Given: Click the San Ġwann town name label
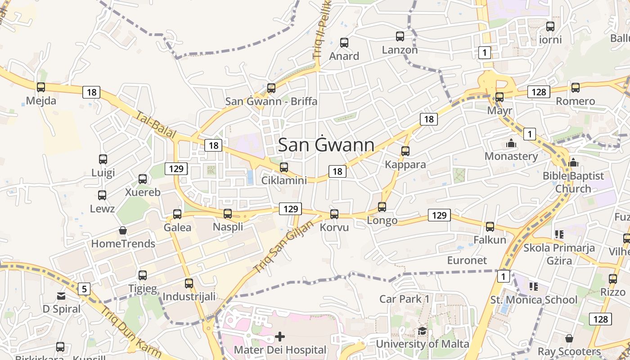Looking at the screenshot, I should point(326,145).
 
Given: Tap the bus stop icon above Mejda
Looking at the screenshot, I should point(41,87).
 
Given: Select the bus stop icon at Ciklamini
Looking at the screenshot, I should point(284,167).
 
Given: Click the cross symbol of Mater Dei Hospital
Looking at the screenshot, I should point(280,337).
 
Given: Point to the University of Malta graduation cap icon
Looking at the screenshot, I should point(422,331).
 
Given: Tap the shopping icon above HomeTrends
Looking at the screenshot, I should point(123,231).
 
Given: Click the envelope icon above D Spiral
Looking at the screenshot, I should point(61,296).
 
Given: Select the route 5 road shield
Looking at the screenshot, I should point(84,288).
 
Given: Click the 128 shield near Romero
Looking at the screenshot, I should point(538,92).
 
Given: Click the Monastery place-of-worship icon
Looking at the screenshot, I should point(511,144).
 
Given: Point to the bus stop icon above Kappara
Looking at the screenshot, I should point(405,151).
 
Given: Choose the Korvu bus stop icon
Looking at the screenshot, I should point(334,214).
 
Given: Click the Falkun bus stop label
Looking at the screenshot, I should point(490,240).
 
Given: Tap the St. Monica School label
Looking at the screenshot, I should point(534,300).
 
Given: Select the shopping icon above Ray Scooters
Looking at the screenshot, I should point(569,338).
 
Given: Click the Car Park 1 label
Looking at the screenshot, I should point(405,299).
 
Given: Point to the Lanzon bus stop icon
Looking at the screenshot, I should point(400,36).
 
